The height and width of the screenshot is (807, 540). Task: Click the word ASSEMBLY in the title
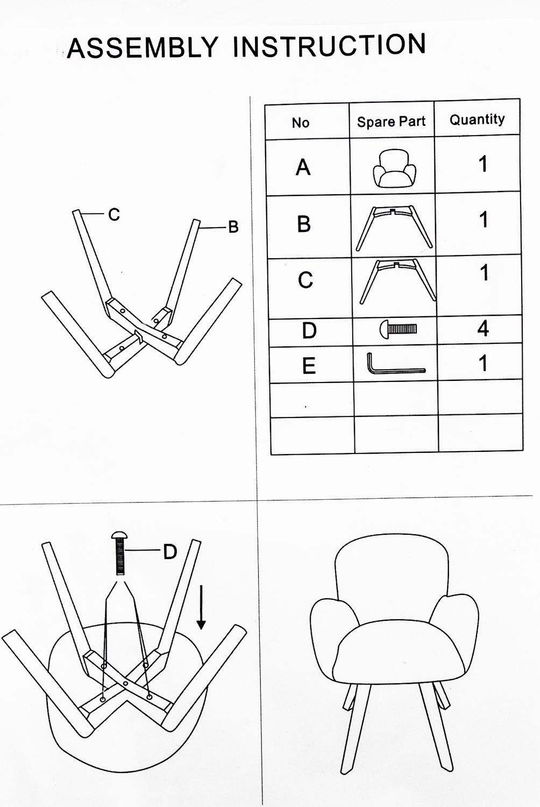tap(142, 47)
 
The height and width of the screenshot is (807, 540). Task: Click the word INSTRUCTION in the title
tap(329, 45)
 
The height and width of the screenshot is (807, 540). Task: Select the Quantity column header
tap(477, 119)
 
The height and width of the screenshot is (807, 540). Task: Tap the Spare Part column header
tap(391, 122)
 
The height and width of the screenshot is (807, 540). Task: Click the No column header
tap(301, 123)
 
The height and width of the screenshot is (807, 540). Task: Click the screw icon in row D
tap(398, 328)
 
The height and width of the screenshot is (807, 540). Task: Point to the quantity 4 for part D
tap(483, 328)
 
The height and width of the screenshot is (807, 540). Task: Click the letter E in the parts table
tap(309, 365)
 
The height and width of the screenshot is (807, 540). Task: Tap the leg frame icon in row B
tap(394, 228)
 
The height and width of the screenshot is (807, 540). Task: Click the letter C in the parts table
tap(305, 280)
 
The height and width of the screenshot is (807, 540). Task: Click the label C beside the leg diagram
tap(114, 215)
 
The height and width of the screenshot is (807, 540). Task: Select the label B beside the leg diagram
tap(233, 227)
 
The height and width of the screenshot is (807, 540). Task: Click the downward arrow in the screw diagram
tap(201, 607)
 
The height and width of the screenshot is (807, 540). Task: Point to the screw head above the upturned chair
tap(120, 535)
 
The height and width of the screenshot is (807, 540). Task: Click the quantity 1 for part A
tap(483, 164)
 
